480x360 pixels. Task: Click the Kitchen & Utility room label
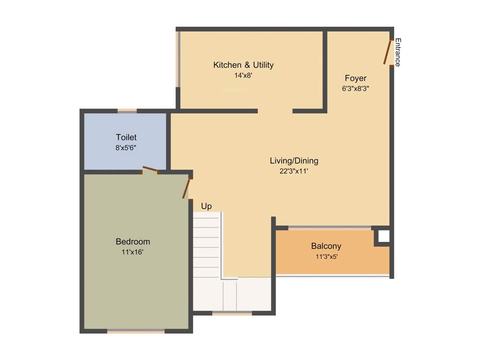(x=243, y=65)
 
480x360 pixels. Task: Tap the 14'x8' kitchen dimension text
(x=243, y=75)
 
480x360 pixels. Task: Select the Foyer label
(x=355, y=78)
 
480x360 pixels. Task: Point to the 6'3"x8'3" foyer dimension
(x=355, y=88)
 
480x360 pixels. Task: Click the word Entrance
(x=397, y=52)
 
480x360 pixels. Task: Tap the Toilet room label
(x=126, y=137)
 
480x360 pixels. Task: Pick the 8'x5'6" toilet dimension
(x=126, y=147)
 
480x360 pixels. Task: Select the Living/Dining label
(x=294, y=161)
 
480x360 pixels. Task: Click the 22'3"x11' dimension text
(x=294, y=171)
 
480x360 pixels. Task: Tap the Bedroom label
(x=133, y=242)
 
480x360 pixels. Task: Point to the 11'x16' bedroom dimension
(x=133, y=252)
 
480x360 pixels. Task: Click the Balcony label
(x=326, y=246)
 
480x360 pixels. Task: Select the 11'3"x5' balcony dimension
(x=326, y=256)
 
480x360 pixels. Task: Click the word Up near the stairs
(x=206, y=206)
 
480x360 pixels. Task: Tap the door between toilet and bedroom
(x=150, y=170)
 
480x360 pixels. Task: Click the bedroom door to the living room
(x=187, y=188)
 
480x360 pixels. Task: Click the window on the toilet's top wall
(x=127, y=111)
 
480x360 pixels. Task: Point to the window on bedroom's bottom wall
(x=136, y=331)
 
